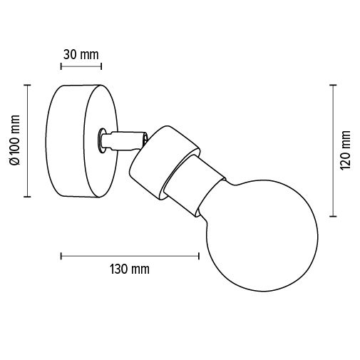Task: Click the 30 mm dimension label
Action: tap(80, 54)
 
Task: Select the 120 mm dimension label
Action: tap(346, 150)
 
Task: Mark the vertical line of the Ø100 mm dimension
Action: tap(28, 140)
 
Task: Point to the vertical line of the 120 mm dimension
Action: tap(333, 150)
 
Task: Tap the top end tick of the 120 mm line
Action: tap(333, 85)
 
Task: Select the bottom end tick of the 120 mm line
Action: tap(333, 215)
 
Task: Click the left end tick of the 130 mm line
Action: tap(61, 254)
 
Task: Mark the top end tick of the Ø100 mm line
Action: tap(28, 85)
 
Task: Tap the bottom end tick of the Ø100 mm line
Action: tap(28, 195)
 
